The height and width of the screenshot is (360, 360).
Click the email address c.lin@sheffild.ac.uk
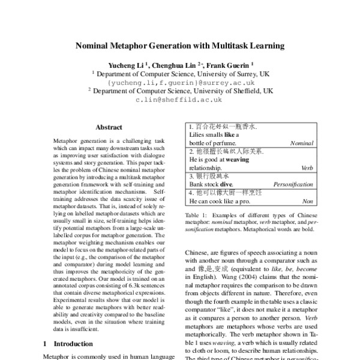(x=179, y=100)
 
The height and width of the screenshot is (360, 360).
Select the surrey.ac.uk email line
(x=179, y=82)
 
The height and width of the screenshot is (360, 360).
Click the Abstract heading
(x=109, y=127)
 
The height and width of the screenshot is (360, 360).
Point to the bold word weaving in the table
(x=238, y=160)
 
